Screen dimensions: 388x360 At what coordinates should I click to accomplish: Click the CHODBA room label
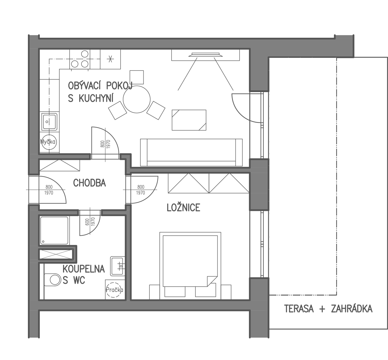(x=90, y=183)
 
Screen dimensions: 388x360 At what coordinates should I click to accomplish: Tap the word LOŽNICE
(x=183, y=208)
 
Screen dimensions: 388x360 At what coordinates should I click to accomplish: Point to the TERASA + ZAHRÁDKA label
(x=328, y=309)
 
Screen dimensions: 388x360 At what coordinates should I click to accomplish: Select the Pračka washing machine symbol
(x=115, y=290)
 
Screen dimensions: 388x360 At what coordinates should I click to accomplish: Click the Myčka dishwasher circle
(x=49, y=142)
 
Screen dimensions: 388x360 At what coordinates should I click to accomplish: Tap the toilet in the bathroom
(x=52, y=280)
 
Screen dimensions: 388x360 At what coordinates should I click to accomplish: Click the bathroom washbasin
(x=118, y=266)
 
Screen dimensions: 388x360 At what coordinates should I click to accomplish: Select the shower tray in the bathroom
(x=54, y=230)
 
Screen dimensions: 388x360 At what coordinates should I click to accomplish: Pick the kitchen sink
(x=49, y=121)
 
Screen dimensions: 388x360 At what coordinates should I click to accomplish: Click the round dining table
(x=136, y=100)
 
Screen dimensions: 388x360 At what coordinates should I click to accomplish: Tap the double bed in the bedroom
(x=190, y=266)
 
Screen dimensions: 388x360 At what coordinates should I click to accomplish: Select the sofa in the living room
(x=191, y=153)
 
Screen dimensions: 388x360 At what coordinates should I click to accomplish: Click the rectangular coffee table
(x=189, y=120)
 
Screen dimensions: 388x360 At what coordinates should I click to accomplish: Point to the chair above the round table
(x=137, y=77)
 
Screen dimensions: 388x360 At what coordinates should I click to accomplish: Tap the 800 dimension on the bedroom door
(x=141, y=187)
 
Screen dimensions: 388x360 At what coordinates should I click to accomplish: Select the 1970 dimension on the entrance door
(x=49, y=193)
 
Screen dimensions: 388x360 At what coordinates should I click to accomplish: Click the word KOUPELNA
(x=84, y=269)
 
